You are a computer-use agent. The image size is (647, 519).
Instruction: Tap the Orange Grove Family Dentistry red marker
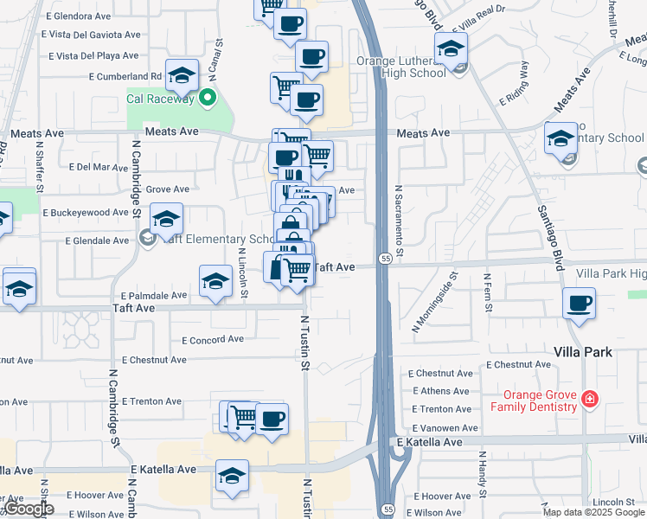pos(589,399)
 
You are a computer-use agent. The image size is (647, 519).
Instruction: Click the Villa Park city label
pos(583,352)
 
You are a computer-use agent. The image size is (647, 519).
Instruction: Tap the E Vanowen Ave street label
pos(445,427)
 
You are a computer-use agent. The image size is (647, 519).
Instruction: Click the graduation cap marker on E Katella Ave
pos(232,476)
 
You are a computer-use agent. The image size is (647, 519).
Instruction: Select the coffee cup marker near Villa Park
pos(580,304)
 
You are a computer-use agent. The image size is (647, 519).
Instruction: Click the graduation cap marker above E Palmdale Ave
pos(215,280)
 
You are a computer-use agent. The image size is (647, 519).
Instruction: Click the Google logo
pos(29,509)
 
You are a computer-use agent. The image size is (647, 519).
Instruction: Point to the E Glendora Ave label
pos(79,16)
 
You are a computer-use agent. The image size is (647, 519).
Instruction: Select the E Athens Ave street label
pos(442,391)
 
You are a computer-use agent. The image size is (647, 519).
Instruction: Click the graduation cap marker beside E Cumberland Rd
pos(183,76)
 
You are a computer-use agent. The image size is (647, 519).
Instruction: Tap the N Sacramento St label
pos(400,216)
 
